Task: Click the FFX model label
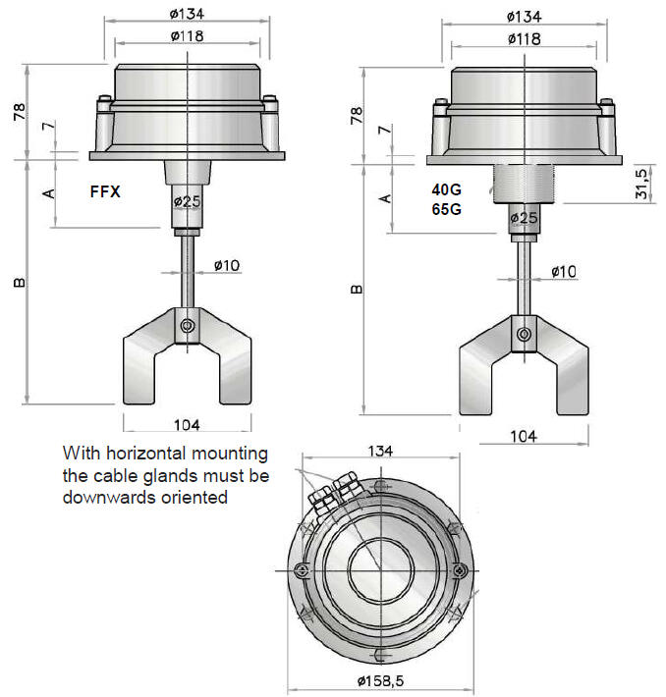[105, 192]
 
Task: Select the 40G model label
[445, 190]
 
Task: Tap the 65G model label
[445, 209]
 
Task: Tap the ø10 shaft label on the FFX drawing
[225, 265]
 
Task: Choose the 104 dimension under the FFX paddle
[187, 425]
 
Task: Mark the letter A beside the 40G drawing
[385, 197]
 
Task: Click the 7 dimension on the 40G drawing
[385, 131]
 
